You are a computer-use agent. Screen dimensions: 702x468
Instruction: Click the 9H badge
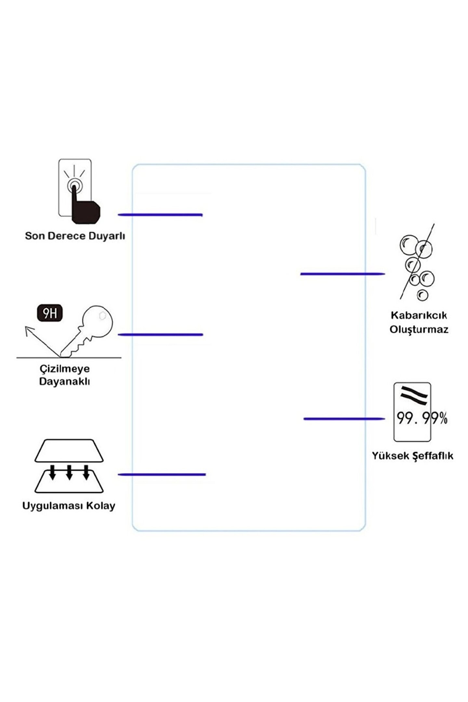50,313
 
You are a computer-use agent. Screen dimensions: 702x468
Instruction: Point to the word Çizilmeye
65,369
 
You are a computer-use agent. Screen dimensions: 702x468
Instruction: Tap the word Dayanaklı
64,382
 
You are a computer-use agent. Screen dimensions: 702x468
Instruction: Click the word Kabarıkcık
419,315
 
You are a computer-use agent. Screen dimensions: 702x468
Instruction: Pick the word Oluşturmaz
419,330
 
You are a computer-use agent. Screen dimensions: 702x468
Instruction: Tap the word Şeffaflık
433,456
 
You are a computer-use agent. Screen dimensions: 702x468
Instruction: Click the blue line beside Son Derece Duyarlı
160,215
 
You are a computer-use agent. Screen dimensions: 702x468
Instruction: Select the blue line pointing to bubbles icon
342,274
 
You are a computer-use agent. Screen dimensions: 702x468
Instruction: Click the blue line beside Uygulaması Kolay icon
162,475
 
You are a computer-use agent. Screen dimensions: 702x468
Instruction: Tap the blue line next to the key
160,334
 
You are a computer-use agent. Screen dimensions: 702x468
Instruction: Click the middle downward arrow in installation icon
69,472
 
